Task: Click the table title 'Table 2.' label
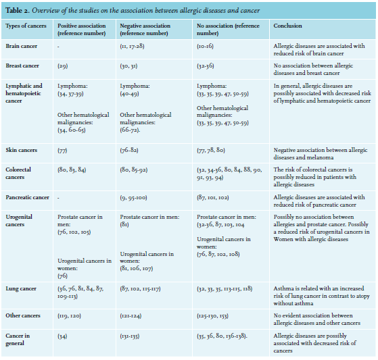(x=18, y=11)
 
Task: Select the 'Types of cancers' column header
(x=26, y=26)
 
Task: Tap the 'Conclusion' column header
(x=287, y=26)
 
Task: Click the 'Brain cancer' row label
(x=22, y=46)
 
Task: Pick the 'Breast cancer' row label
(x=22, y=66)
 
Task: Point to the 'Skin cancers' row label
(x=22, y=150)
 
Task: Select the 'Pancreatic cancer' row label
(x=27, y=197)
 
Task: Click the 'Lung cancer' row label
(x=21, y=288)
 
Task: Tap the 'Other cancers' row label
(x=23, y=315)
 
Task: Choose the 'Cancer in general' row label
(x=18, y=339)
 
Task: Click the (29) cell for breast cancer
(x=63, y=66)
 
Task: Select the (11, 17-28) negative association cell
(x=132, y=46)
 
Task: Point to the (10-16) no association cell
(x=205, y=46)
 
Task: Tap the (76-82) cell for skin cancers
(x=129, y=150)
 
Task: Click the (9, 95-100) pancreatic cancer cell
(x=133, y=198)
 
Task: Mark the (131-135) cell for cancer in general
(x=130, y=336)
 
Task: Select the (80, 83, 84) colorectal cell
(x=72, y=170)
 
